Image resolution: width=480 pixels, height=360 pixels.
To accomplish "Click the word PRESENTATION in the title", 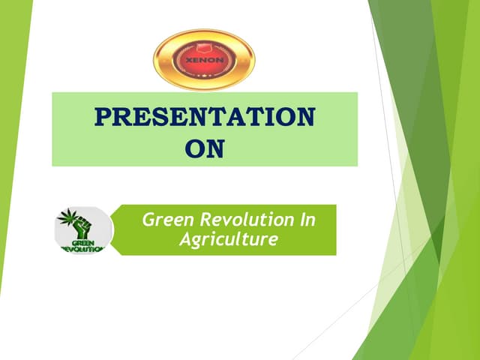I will point(205,118).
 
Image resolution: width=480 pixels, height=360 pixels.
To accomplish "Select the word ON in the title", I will point(205,148).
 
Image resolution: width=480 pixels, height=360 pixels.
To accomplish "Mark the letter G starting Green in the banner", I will point(148,220).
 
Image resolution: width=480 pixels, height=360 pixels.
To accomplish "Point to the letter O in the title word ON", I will point(194,148).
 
